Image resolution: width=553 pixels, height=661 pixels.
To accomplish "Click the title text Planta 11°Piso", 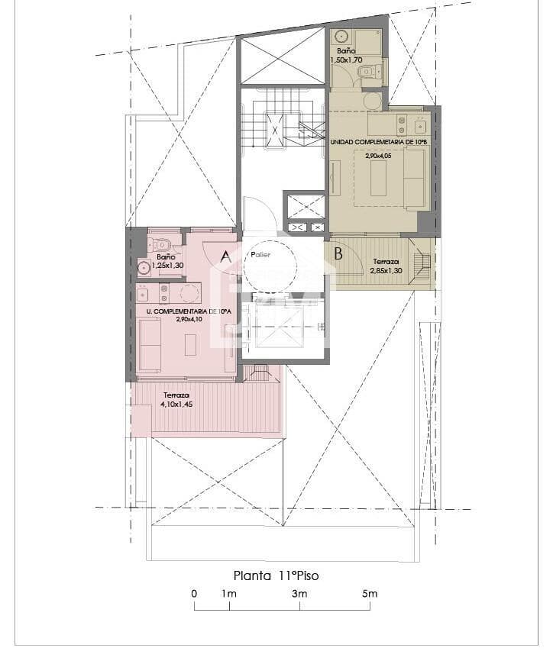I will click(x=276, y=576).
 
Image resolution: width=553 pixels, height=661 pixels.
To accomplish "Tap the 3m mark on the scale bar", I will click(x=299, y=594).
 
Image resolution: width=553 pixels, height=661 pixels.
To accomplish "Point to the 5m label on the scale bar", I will click(x=370, y=594).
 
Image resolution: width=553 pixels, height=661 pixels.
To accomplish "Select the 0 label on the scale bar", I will click(x=194, y=594).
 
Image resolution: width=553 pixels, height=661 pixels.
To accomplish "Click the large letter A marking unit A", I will click(x=225, y=257).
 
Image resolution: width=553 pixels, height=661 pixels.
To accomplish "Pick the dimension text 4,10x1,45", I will click(x=176, y=404).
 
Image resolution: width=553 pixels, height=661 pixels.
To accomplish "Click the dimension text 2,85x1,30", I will click(x=386, y=269).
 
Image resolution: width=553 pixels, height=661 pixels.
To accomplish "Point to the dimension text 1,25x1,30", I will click(x=167, y=265).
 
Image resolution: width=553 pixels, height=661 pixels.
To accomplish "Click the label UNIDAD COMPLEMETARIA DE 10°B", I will click(x=379, y=143).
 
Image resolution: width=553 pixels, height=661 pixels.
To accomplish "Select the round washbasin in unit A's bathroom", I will click(x=144, y=267).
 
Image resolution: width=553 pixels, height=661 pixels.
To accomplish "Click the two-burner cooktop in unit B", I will click(x=399, y=123).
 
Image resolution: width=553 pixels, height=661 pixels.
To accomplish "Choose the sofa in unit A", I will click(x=149, y=344).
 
